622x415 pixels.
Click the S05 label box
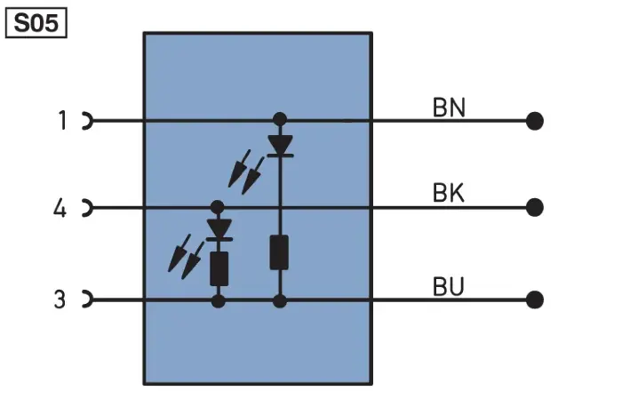coord(36,23)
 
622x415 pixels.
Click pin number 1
coord(62,120)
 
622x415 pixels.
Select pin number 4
coord(60,208)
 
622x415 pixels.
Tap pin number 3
coord(60,299)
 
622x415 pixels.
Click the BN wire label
coord(449,108)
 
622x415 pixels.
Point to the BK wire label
coord(448,193)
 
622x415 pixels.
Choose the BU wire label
coord(448,286)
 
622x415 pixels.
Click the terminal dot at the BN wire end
coord(534,121)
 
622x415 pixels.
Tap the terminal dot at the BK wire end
coord(534,208)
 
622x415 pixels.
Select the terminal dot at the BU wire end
coord(534,299)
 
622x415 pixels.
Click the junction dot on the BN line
coord(280,119)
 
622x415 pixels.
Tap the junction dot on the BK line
coord(217,207)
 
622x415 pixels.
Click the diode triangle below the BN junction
coord(281,145)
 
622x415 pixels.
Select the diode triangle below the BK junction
coord(219,229)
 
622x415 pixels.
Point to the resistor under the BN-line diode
coord(279,252)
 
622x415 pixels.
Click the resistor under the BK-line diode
coord(219,268)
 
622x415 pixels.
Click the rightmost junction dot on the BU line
coord(280,301)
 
